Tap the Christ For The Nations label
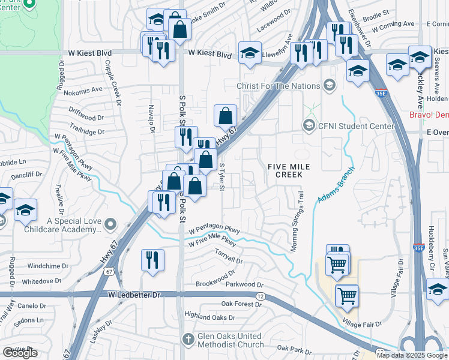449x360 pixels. [278, 86]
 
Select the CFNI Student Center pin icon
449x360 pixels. [309, 125]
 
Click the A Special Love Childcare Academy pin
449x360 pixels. [109, 225]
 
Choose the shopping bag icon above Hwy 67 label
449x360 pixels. [225, 116]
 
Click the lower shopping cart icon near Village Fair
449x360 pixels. [346, 295]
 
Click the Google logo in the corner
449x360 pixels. [20, 353]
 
